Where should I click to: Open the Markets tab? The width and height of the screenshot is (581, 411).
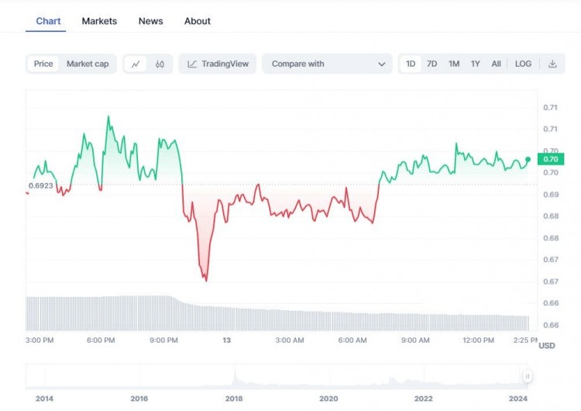tap(99, 21)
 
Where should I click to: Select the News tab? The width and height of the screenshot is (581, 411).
tap(150, 21)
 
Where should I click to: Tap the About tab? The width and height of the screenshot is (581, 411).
tap(198, 21)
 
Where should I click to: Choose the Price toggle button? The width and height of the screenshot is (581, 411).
tap(43, 64)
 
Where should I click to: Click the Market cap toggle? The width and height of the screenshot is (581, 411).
tap(88, 64)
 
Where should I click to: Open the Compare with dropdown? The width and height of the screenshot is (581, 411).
tap(327, 64)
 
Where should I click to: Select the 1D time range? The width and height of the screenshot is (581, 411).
tap(411, 64)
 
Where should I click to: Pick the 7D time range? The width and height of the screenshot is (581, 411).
tap(432, 64)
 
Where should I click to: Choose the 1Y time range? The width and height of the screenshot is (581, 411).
tap(476, 64)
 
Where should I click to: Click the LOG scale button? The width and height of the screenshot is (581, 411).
tap(524, 64)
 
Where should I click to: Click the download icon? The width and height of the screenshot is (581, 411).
tap(552, 64)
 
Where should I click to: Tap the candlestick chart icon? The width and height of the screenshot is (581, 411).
tap(160, 64)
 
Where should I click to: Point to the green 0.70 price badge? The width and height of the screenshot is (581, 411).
tap(551, 159)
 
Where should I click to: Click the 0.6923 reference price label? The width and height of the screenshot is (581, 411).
tap(40, 186)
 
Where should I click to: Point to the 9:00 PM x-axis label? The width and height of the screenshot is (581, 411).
tap(164, 340)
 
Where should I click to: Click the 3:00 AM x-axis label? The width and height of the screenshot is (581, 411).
tap(289, 340)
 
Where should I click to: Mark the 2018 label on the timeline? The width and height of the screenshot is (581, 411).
tap(234, 399)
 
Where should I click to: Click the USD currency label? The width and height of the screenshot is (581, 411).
tap(547, 345)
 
